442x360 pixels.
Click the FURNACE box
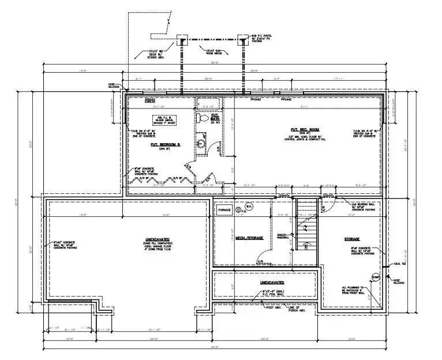click(224, 210)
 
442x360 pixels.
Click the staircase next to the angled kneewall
click(306, 230)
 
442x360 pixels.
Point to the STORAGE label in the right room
click(352, 239)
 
